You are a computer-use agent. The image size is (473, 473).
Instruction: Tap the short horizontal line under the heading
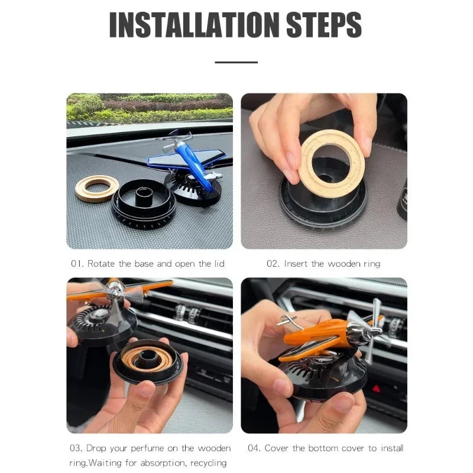tap(236, 61)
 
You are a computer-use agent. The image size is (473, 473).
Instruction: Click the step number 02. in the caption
tap(273, 264)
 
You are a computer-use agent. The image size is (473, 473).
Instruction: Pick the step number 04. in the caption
tap(255, 448)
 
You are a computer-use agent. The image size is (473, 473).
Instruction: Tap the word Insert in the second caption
tap(296, 264)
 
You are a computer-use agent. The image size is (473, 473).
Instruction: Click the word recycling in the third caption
tap(206, 463)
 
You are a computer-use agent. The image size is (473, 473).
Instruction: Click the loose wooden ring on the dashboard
tap(97, 189)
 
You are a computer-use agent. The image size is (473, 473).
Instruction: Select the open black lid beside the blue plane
tap(143, 204)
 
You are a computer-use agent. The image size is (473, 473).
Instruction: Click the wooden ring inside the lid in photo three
tap(147, 357)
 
